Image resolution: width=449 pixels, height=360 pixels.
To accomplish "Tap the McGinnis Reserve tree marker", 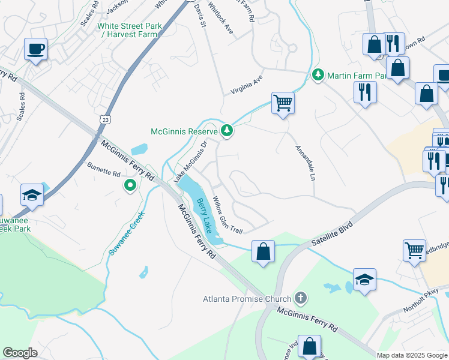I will click(227, 130).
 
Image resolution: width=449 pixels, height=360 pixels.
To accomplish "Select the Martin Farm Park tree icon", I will click(318, 75).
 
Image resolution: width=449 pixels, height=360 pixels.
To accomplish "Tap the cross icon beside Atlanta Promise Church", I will click(300, 298).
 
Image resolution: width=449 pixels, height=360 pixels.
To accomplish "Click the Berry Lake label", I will click(205, 217).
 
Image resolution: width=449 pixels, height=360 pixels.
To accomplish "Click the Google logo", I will click(20, 353).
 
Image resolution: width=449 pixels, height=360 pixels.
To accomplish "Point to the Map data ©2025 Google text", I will click(412, 355).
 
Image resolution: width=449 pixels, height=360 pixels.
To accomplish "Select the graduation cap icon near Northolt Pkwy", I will click(364, 279).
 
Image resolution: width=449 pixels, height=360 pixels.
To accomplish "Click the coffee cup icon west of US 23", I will click(35, 49).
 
